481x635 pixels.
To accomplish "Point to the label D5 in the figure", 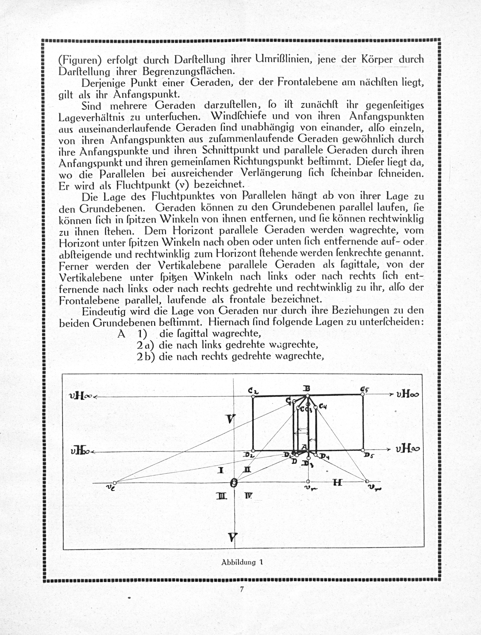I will pos(369,455).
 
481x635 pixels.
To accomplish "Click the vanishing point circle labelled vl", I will pos(114,483).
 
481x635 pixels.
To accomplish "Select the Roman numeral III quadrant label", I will pos(222,496).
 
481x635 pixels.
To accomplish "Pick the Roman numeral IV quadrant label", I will pos(248,496).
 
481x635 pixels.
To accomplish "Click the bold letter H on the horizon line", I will pos(338,483).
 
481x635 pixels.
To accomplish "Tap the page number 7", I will pos(242,590).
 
